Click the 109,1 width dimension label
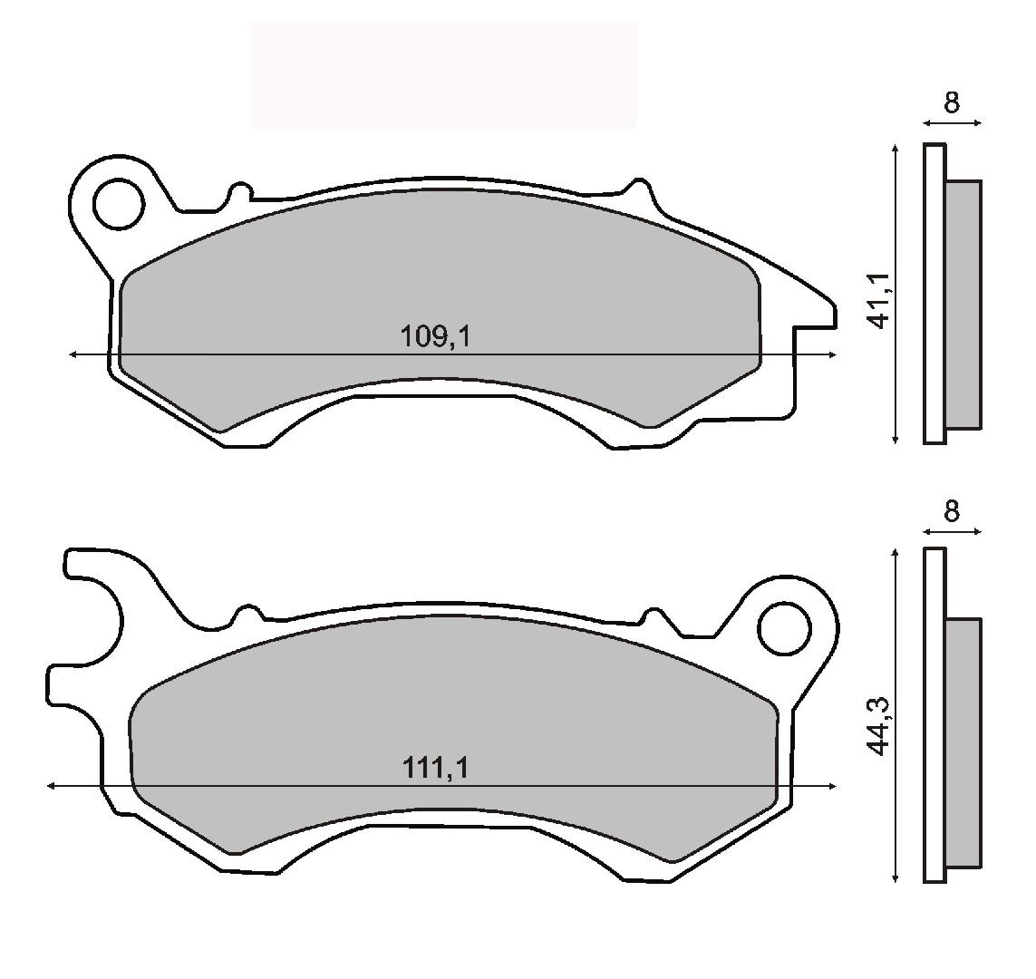pyautogui.click(x=435, y=337)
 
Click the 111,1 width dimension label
pyautogui.click(x=435, y=769)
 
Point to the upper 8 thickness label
pyautogui.click(x=952, y=103)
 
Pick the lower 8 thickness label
pyautogui.click(x=952, y=511)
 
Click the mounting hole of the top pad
pyautogui.click(x=119, y=204)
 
